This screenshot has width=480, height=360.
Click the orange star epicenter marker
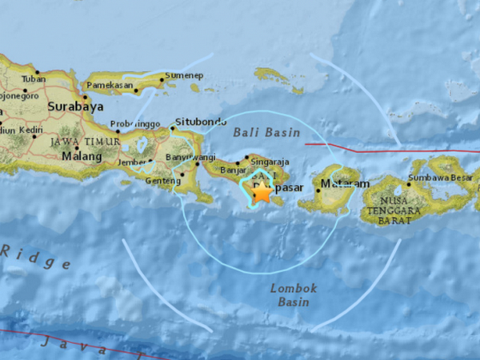[261, 191]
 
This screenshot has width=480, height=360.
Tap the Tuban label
[33, 79]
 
